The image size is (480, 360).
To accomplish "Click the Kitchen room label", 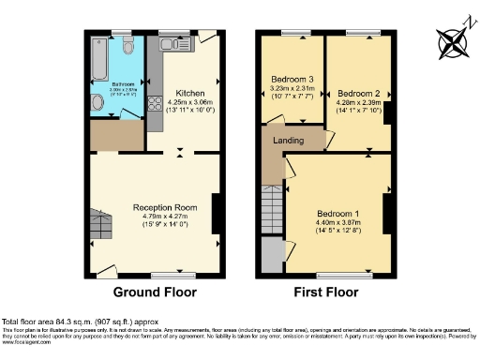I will [190, 94].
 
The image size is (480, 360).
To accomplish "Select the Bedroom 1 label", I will [336, 213].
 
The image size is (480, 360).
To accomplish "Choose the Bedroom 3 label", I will [292, 78].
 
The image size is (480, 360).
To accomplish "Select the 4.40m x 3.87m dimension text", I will [336, 222].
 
